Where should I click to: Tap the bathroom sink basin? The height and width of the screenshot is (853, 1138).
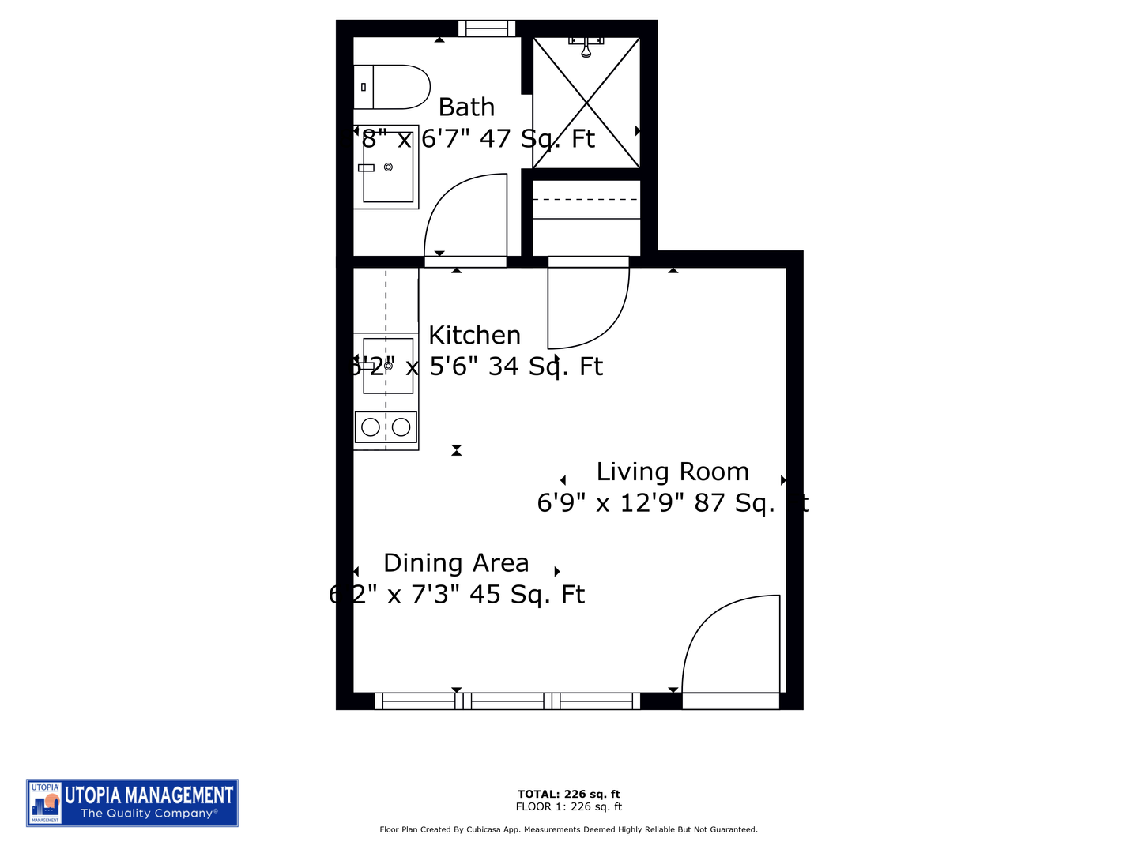point(387,167)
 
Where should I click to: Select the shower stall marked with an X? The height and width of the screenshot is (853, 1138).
point(586,103)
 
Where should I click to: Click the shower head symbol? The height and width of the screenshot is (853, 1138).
point(586,49)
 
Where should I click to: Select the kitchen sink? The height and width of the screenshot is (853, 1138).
point(388,366)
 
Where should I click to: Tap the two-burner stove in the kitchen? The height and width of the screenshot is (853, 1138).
point(386,427)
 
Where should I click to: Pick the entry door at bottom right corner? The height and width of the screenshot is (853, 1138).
point(732,648)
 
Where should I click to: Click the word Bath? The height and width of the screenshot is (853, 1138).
point(466,107)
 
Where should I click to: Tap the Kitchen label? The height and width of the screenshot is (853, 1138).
point(474,335)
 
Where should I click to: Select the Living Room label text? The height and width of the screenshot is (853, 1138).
point(672,472)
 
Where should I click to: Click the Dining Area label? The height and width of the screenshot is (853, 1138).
point(456,563)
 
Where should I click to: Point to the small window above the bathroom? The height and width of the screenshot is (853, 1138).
point(486,28)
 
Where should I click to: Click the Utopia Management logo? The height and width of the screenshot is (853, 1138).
point(132,802)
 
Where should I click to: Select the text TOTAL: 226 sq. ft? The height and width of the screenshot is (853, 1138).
point(568,794)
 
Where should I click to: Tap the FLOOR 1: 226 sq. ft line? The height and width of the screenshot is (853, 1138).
point(568,806)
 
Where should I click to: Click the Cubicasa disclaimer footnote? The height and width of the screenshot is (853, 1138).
point(568,829)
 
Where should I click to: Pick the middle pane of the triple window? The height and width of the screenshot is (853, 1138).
point(507,701)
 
